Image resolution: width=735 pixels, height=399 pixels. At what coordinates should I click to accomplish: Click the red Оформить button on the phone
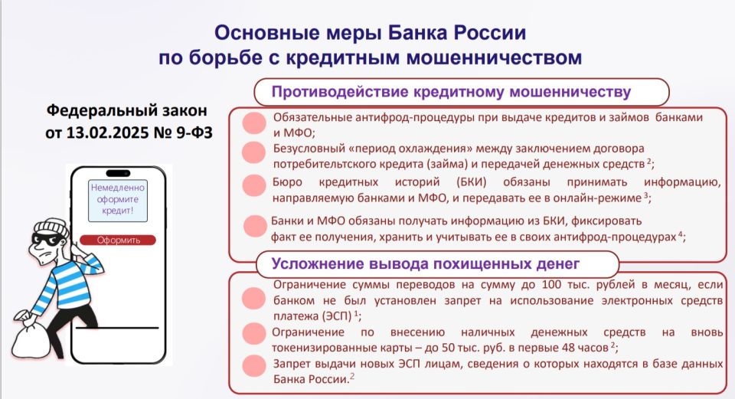click(x=118, y=240)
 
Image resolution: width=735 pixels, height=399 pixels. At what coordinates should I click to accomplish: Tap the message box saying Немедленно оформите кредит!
click(x=118, y=200)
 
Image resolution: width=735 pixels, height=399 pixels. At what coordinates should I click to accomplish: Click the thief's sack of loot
click(x=31, y=335)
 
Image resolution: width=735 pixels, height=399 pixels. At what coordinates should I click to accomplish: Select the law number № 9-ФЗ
click(x=183, y=132)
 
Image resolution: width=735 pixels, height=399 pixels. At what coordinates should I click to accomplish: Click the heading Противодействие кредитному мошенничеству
click(x=451, y=92)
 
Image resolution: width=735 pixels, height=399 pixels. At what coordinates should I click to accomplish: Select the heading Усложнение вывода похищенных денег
click(x=426, y=264)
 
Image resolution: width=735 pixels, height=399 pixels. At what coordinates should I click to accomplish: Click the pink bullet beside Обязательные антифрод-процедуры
click(x=254, y=123)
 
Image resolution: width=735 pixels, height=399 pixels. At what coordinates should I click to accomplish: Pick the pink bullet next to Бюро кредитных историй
click(x=254, y=185)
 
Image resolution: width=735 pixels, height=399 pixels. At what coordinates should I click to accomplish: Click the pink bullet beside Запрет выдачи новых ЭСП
click(x=254, y=366)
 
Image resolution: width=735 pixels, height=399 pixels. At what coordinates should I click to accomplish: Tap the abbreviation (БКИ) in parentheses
click(x=471, y=182)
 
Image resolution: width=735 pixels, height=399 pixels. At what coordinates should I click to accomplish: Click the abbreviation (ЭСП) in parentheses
click(x=337, y=316)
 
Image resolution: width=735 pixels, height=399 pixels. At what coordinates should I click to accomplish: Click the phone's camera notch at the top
click(x=118, y=173)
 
